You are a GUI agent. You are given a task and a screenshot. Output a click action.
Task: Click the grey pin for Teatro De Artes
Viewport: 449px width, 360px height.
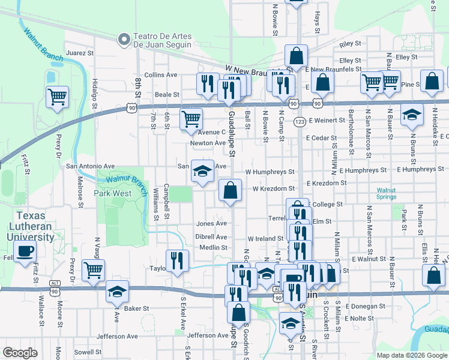pyautogui.click(x=124, y=40)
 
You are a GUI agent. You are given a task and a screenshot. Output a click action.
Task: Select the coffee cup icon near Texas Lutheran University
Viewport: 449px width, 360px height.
pyautogui.click(x=25, y=251)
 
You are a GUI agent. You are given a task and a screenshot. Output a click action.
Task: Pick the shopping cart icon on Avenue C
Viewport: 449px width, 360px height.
pyautogui.click(x=191, y=119)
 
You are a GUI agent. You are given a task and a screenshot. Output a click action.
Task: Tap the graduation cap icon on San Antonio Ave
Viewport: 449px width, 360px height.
pyautogui.click(x=202, y=171)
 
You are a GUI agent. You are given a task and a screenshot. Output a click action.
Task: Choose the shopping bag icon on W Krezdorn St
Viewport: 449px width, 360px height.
pyautogui.click(x=230, y=190)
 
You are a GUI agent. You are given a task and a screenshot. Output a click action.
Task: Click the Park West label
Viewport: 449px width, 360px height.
pyautogui.click(x=113, y=193)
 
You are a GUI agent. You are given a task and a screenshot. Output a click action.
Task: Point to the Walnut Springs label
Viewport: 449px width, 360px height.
pyautogui.click(x=385, y=193)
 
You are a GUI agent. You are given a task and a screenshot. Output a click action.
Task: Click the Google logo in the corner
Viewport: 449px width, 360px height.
pyautogui.click(x=20, y=353)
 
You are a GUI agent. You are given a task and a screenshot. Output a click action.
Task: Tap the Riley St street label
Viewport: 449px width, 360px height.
pyautogui.click(x=350, y=44)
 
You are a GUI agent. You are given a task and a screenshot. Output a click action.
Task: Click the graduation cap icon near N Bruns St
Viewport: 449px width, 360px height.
pyautogui.click(x=412, y=115)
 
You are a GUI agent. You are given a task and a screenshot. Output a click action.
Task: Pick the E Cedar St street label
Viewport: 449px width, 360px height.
pyautogui.click(x=321, y=138)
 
